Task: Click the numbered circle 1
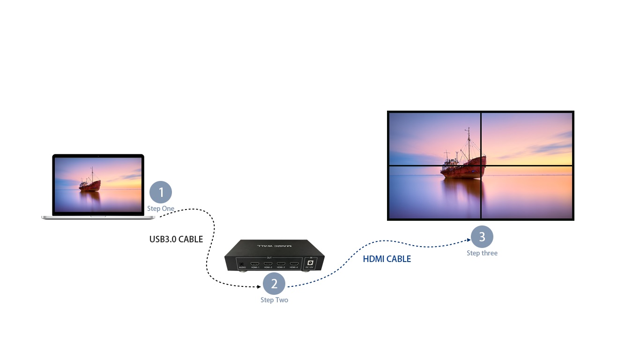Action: [x=161, y=192]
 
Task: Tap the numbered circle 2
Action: [x=274, y=284]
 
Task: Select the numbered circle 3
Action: [x=482, y=237]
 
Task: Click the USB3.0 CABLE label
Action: [x=176, y=240]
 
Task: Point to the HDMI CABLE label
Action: [x=387, y=259]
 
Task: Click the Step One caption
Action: [x=161, y=209]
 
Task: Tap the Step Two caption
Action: [x=274, y=300]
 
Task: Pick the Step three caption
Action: [x=482, y=253]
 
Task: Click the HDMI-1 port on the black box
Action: [x=255, y=264]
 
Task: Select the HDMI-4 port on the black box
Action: [x=294, y=264]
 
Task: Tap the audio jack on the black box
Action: [x=242, y=264]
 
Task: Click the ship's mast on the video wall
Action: [x=468, y=143]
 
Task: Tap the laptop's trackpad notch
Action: [x=98, y=217]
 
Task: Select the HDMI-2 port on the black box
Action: [x=268, y=264]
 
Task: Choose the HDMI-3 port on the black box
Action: [x=281, y=264]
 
